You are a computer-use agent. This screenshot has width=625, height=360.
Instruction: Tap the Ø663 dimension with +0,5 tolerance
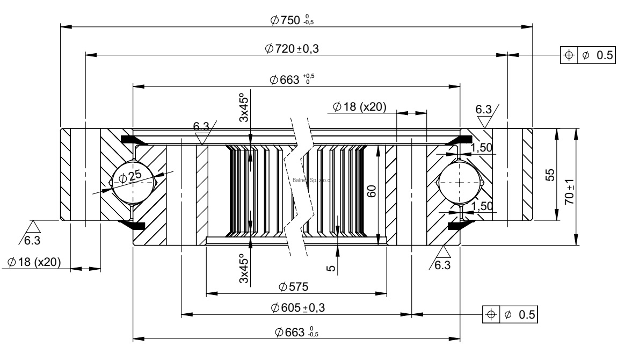[x=293, y=80]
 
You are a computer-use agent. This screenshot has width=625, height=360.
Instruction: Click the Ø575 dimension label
[x=293, y=287]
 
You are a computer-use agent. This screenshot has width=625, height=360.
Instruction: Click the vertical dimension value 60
[x=371, y=190]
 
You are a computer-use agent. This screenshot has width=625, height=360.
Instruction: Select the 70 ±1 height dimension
[x=571, y=191]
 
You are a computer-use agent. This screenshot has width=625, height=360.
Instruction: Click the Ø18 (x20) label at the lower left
[x=34, y=262]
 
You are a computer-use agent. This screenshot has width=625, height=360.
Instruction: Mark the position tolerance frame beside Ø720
[x=587, y=55]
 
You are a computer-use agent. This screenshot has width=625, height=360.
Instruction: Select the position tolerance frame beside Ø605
[x=510, y=314]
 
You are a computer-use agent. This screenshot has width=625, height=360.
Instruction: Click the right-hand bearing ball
[x=460, y=183]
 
